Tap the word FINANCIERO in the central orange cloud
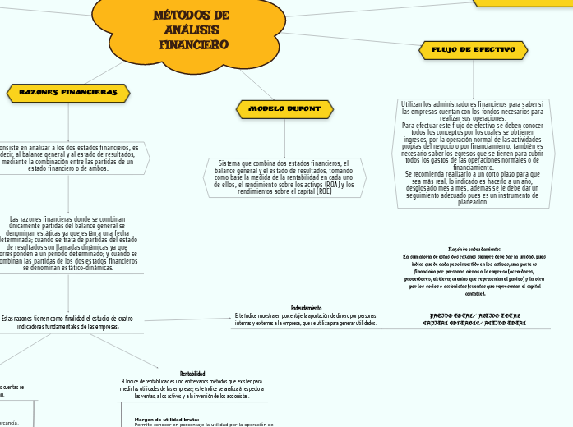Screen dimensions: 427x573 tap(194, 44)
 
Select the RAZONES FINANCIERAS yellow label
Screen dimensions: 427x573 tap(68, 92)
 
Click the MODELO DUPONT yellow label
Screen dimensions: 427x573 tap(284, 108)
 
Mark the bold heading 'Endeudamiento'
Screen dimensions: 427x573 tap(306, 308)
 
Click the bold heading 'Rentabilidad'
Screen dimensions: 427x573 tap(192, 374)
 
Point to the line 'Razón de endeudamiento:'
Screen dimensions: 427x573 tap(474, 249)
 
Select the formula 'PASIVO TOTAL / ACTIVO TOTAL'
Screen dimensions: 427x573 tap(474, 315)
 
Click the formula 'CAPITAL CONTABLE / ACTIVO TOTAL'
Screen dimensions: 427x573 tap(474, 323)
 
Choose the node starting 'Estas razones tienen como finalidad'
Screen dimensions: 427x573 tap(67, 322)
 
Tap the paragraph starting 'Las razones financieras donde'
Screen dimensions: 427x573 tap(67, 243)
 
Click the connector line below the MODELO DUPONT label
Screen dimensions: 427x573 tap(284, 135)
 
